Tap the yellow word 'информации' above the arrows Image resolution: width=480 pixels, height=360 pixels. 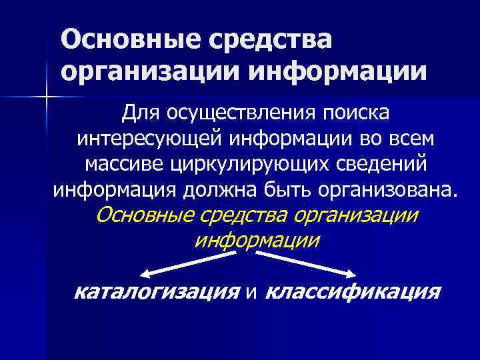[x=257, y=239]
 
